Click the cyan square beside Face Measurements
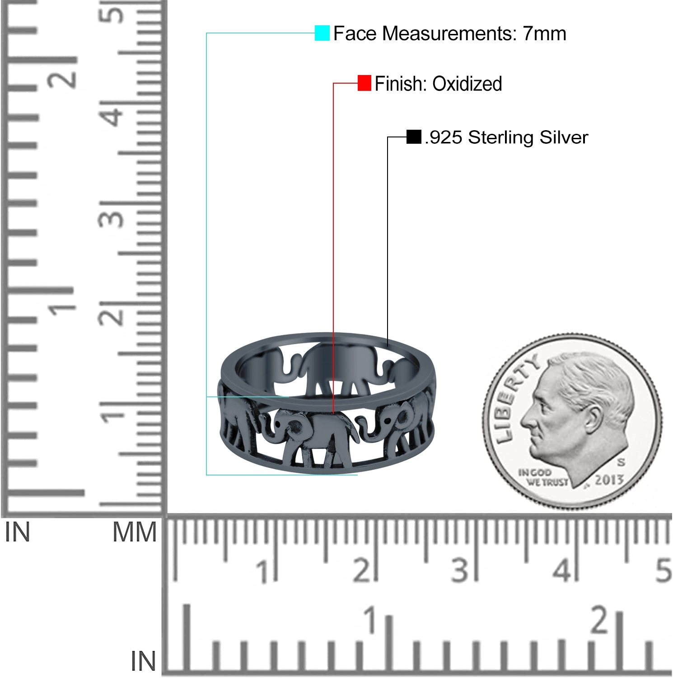(x=322, y=33)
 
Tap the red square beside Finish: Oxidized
(x=364, y=83)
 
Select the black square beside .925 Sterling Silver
(x=414, y=137)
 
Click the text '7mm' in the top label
(x=544, y=33)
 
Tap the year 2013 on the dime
(x=609, y=480)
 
